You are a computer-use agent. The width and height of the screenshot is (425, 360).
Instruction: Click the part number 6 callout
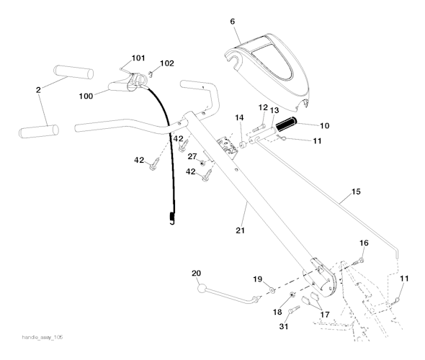coord(233,22)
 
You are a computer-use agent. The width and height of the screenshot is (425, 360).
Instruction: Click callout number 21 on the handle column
coord(241,230)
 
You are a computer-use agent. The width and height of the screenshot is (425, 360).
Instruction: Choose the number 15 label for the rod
coord(355,192)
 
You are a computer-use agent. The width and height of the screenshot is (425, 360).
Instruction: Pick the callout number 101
coord(138,58)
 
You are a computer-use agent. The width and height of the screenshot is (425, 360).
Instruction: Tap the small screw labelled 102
coord(152,73)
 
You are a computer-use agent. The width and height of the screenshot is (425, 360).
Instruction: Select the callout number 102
coord(167,63)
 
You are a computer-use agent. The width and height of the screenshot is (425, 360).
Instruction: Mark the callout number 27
coord(192,156)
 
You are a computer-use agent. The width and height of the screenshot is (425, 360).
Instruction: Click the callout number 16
coord(364,243)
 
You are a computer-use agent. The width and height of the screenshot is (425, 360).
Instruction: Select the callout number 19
coord(257,279)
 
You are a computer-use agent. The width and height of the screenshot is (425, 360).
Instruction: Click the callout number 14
coord(239,117)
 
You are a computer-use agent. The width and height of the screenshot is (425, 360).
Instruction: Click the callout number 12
coord(264,107)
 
